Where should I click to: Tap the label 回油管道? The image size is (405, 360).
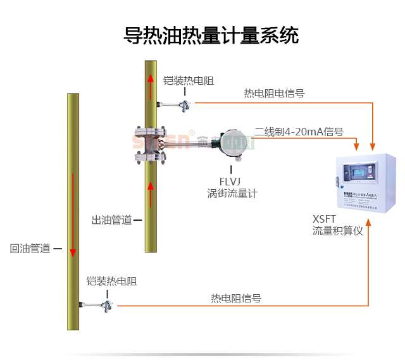click(30, 249)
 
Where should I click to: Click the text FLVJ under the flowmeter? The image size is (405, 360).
click(230, 182)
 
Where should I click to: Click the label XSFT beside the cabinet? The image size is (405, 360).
click(324, 219)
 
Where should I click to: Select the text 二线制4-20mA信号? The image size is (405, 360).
click(299, 132)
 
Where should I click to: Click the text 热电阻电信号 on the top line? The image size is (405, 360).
click(274, 93)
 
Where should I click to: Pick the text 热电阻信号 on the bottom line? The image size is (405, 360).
click(235, 298)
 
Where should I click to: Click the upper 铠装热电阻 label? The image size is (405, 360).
click(188, 80)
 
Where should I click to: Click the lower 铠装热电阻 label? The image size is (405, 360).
click(111, 282)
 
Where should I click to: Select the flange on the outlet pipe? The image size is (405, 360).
click(151, 145)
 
